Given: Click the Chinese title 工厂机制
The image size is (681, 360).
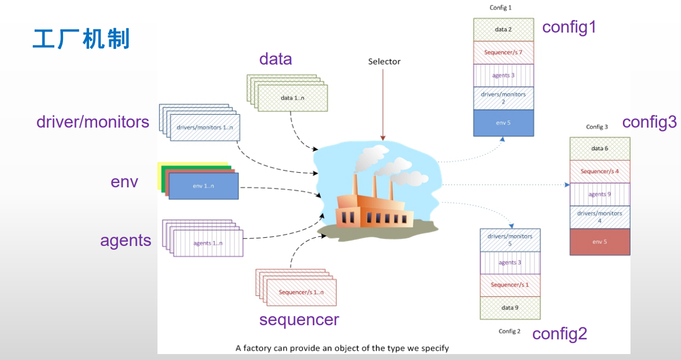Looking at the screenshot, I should coord(81,40).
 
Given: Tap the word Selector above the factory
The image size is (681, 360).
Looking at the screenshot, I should coord(384,61).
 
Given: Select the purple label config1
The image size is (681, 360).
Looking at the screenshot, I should coord(569,27).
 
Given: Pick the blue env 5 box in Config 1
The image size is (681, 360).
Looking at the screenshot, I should coord(503,123).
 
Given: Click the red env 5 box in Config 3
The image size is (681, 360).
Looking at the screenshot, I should coord(600,242).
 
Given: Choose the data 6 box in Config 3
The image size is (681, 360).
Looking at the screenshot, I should coord(600,148).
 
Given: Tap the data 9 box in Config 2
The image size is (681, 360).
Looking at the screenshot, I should coord(510,308).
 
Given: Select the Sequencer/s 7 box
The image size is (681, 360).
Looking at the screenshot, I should coord(503,53).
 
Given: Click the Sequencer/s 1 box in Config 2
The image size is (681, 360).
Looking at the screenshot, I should coord(510,285).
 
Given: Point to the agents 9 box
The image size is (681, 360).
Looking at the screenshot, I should coord(600,194).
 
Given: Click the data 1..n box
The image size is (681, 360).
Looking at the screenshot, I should coord(293,98).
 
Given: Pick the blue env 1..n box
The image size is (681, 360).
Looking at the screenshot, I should coord(204,186).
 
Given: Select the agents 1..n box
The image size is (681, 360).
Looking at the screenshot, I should coord(208,243).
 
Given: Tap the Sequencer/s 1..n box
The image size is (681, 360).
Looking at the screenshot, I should coord(301,293).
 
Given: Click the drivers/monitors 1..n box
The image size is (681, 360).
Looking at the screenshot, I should coord(205,128).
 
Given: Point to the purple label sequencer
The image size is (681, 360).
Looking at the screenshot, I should coord(299,320).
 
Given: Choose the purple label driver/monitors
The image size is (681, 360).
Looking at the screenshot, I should coord(93,122).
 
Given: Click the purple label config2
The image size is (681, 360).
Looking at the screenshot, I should coord(559,333).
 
